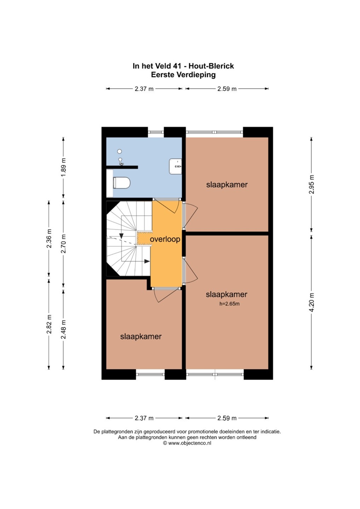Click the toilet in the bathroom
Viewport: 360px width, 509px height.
tap(122, 183)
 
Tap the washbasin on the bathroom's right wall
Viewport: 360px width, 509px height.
tap(175, 166)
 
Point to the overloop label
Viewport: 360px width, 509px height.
tap(165, 239)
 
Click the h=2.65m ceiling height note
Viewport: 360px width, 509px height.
tap(229, 304)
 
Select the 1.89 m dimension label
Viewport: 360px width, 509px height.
tap(64, 167)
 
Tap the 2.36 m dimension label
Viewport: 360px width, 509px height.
tap(49, 238)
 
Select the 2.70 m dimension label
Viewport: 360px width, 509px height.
tap(64, 244)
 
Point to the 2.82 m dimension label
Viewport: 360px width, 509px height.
tap(49, 324)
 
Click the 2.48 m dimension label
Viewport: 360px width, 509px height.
tap(64, 329)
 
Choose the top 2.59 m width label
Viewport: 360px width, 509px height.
tap(227, 89)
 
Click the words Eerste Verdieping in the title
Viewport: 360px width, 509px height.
tap(184, 75)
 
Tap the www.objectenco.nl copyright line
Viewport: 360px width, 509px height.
tap(187, 443)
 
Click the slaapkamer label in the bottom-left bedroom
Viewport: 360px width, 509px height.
tap(141, 337)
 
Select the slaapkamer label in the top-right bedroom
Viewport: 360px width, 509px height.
tap(227, 185)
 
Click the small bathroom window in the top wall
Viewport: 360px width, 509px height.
tap(156, 132)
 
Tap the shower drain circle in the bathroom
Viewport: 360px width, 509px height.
tap(120, 151)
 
